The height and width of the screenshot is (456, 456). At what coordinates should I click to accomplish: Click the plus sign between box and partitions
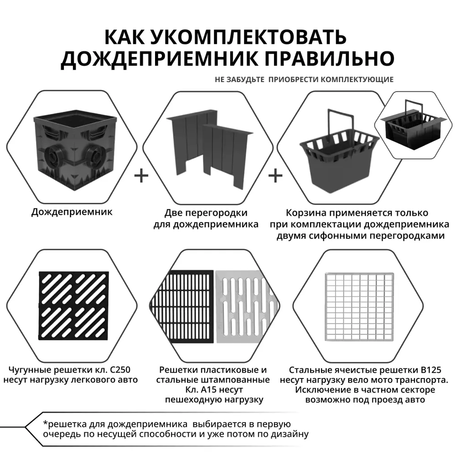click(142, 176)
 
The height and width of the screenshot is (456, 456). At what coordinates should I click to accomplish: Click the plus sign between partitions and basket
click(275, 176)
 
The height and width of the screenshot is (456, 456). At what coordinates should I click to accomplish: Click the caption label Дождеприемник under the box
click(72, 212)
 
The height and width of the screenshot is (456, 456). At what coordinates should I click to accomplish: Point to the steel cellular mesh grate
click(358, 308)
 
